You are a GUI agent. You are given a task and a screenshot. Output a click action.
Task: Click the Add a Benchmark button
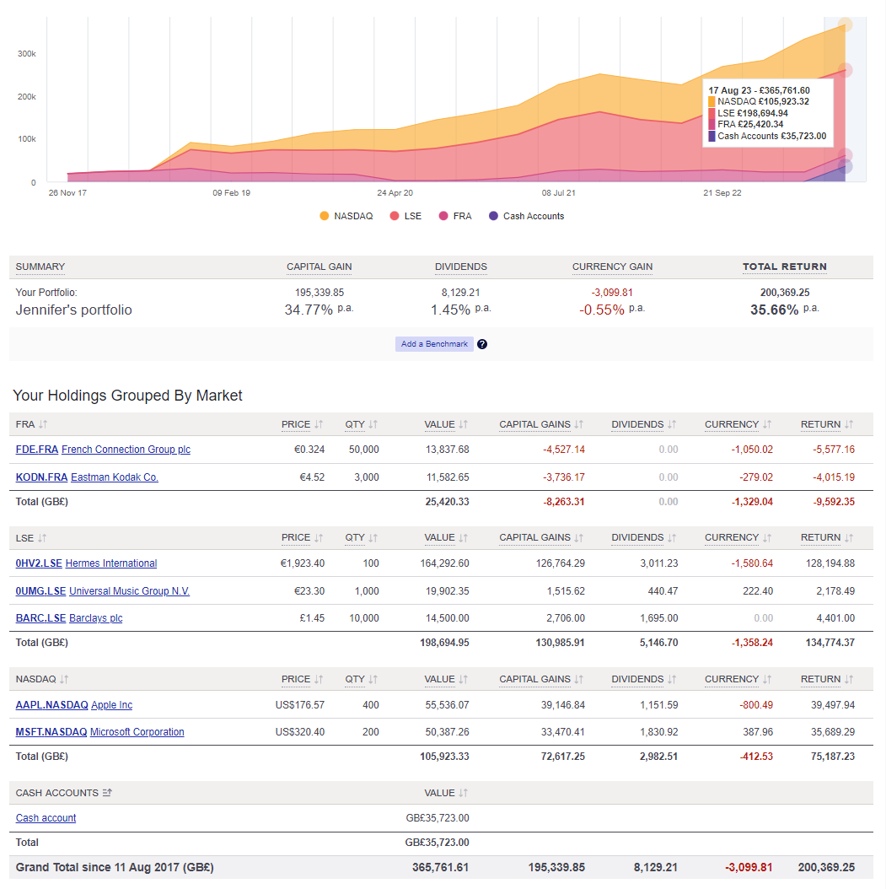point(434,344)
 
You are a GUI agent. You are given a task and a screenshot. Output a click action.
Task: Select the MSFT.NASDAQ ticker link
point(51,732)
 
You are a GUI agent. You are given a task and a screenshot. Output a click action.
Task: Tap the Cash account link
point(46,818)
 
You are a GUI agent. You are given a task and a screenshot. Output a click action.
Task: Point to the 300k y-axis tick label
point(27,54)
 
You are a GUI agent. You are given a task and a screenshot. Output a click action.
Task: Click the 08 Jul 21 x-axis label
point(559,193)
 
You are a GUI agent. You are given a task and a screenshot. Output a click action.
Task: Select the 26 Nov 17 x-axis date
point(67,193)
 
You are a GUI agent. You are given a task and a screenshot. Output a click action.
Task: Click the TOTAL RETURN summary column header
point(784,267)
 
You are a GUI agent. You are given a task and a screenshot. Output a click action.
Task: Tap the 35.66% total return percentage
point(775,310)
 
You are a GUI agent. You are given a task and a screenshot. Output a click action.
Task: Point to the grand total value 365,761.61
point(440,867)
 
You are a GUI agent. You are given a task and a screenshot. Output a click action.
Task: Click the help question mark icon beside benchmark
point(482,344)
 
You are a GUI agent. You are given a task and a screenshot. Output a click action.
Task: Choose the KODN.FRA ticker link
point(41,477)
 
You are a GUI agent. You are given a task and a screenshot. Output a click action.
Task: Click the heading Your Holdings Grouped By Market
point(127,396)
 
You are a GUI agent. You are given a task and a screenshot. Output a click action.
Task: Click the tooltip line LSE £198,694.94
point(752,113)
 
